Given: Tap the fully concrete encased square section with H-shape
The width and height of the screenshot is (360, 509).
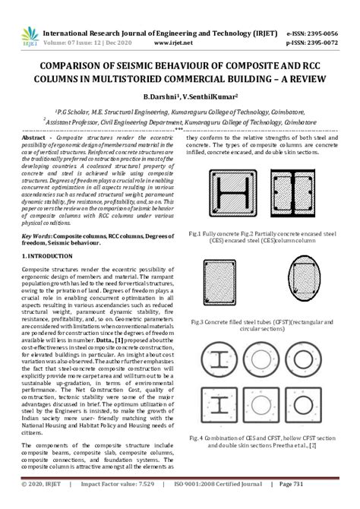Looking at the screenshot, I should click(229, 192).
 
